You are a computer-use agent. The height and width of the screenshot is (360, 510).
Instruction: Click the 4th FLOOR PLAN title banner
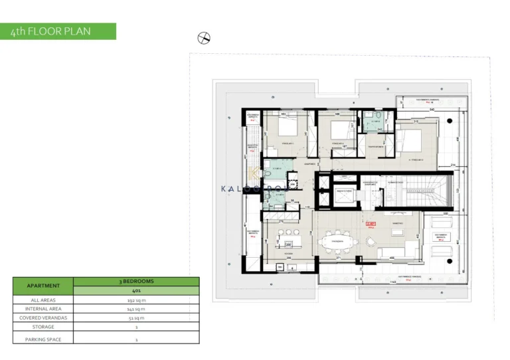pyautogui.click(x=58, y=31)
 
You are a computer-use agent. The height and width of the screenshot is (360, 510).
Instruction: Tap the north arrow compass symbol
pyautogui.click(x=204, y=39)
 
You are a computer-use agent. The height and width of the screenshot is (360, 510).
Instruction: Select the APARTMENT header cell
pyautogui.click(x=42, y=286)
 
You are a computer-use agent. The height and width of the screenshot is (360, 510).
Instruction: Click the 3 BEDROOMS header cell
pyautogui.click(x=135, y=281)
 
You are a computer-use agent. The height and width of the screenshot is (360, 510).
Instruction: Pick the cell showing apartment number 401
pyautogui.click(x=135, y=290)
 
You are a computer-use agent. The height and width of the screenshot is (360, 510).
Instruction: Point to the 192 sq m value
pyautogui.click(x=135, y=300)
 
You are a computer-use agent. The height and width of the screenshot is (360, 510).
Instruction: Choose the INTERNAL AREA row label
pyautogui.click(x=42, y=309)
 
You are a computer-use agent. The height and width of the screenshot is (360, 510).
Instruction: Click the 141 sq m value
pyautogui.click(x=135, y=309)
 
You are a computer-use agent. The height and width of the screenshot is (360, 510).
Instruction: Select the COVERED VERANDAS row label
pyautogui.click(x=42, y=317)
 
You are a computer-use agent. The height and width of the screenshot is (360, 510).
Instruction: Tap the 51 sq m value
pyautogui.click(x=135, y=317)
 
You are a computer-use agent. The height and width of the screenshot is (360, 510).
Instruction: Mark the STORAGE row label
pyautogui.click(x=42, y=327)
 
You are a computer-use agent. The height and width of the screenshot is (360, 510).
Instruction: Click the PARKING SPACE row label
pyautogui.click(x=42, y=339)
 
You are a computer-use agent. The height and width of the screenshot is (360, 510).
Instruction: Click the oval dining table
pyautogui.click(x=339, y=243)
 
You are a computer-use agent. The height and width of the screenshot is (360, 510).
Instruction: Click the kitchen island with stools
pyautogui.click(x=290, y=237)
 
